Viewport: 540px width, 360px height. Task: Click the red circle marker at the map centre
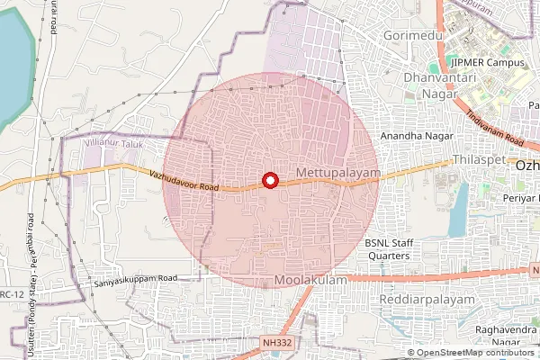[x=268, y=180]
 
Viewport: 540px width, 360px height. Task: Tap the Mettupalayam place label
[x=338, y=171]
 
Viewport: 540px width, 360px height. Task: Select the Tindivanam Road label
[x=495, y=130]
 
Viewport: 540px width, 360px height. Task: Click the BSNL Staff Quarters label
[x=387, y=249]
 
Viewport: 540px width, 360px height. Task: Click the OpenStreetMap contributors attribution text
[x=476, y=353]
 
